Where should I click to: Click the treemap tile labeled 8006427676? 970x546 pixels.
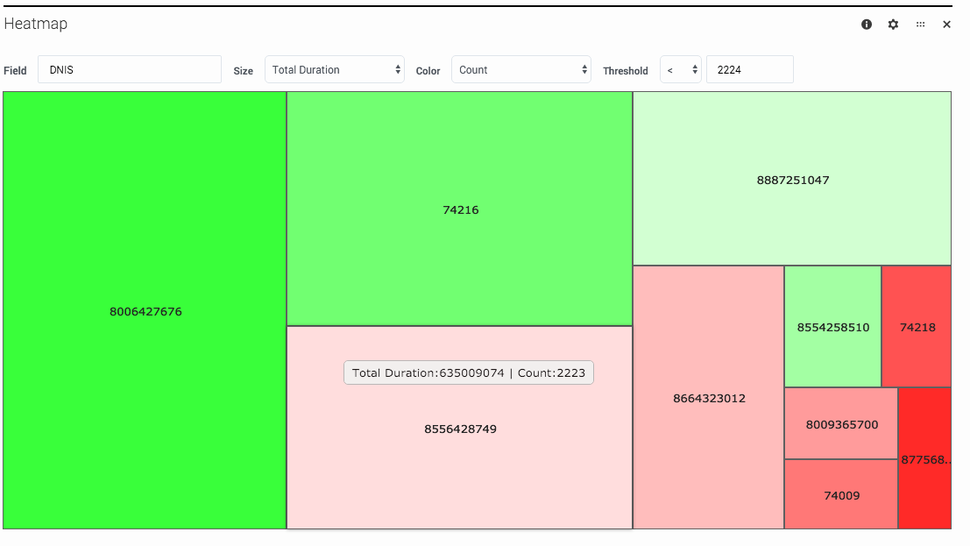tap(145, 311)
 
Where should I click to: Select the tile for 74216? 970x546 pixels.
tap(460, 209)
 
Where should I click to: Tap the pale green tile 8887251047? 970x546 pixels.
tap(792, 180)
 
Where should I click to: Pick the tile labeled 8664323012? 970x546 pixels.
tap(708, 398)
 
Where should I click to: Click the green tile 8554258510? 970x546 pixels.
tap(832, 327)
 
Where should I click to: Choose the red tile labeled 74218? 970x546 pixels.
tap(917, 327)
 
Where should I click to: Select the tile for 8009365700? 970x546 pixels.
tap(841, 424)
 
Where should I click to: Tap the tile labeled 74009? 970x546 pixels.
tap(841, 495)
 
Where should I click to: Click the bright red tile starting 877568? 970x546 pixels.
tap(924, 459)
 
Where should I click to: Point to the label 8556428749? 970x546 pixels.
tap(460, 429)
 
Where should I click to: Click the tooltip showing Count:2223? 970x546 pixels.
tap(469, 372)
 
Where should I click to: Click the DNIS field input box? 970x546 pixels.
tap(130, 70)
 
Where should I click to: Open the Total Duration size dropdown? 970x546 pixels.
tap(334, 70)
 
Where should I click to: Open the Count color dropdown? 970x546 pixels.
tap(520, 70)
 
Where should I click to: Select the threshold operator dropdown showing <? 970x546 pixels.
tap(680, 70)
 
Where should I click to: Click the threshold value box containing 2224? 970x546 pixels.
tap(749, 70)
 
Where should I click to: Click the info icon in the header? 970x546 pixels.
tap(867, 25)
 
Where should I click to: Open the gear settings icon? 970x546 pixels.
tap(893, 25)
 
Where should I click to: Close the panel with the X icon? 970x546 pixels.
tap(946, 25)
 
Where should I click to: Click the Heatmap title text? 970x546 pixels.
tap(36, 24)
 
